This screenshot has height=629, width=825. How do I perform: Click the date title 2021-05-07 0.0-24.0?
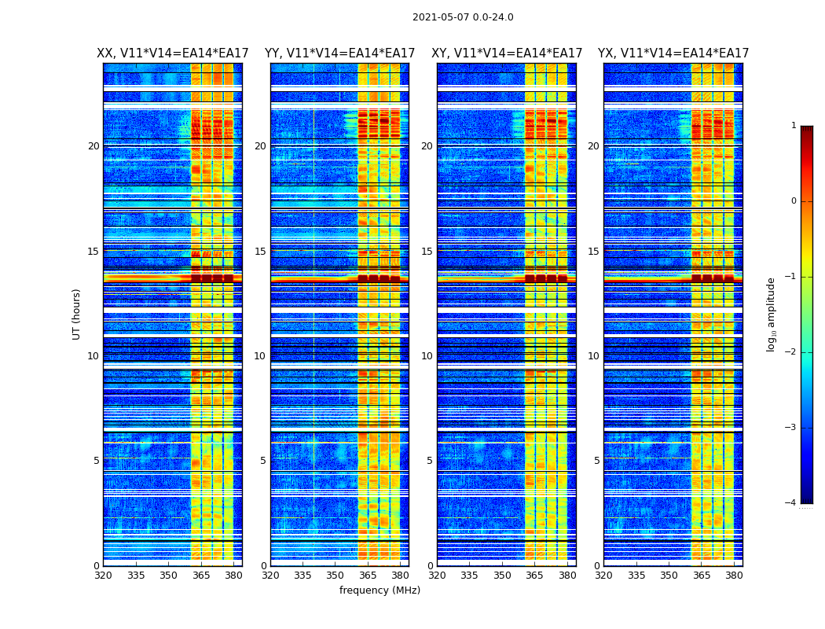click(x=463, y=17)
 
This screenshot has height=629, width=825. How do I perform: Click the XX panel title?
click(x=173, y=53)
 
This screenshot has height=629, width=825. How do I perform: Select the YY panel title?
click(x=339, y=53)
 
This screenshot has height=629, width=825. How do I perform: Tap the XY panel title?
click(x=507, y=53)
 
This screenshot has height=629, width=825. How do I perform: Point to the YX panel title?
click(x=673, y=53)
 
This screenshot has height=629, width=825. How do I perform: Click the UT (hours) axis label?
click(x=76, y=314)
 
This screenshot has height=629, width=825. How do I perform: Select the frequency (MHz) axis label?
click(x=379, y=590)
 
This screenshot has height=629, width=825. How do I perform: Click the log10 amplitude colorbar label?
click(x=772, y=314)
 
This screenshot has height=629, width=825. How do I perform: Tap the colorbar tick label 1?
click(x=794, y=126)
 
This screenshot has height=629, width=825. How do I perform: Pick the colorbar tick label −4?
click(x=791, y=503)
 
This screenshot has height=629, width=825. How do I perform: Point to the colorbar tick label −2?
click(x=791, y=352)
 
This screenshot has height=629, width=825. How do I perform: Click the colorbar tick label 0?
click(x=794, y=201)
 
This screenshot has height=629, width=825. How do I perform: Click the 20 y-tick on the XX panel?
click(x=93, y=146)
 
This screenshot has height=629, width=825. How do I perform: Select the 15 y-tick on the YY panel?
click(x=260, y=252)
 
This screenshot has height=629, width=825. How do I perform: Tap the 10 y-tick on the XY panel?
click(x=427, y=356)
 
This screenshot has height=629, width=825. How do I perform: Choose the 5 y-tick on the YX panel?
click(x=597, y=461)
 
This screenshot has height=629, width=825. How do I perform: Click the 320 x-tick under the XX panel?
click(x=103, y=575)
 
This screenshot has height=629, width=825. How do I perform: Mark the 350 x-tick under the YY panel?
click(x=335, y=575)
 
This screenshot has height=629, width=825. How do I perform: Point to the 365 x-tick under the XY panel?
click(x=535, y=575)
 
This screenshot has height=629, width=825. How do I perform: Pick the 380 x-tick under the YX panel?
click(x=734, y=575)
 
